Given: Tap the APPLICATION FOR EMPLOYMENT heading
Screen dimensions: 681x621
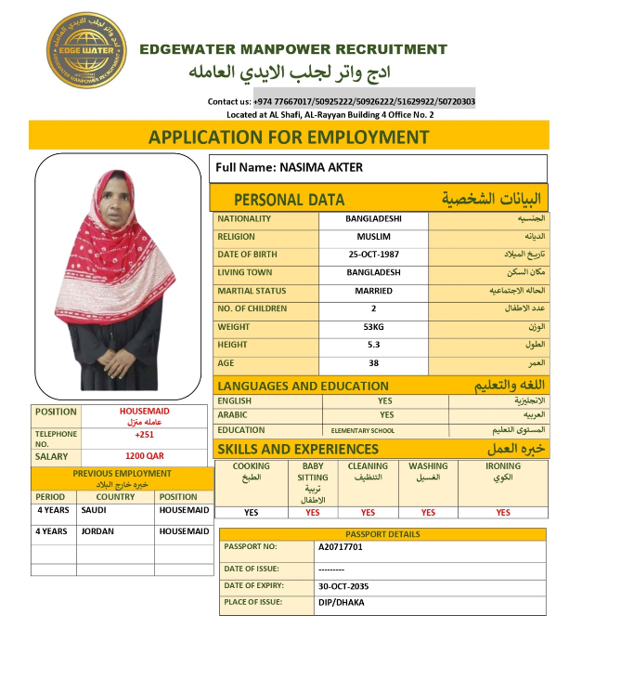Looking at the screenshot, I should (289, 138).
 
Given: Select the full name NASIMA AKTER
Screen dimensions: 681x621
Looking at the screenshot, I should (289, 167).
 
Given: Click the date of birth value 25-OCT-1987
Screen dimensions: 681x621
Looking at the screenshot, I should (373, 255).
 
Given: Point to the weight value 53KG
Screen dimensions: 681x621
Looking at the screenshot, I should (373, 327).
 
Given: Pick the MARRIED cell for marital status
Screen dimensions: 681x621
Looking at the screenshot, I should (373, 291).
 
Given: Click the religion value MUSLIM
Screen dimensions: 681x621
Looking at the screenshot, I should (373, 237).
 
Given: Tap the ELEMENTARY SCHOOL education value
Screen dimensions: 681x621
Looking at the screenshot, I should (363, 431).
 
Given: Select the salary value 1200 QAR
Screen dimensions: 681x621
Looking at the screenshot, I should (144, 457).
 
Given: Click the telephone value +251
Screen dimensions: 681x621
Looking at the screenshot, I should (144, 435).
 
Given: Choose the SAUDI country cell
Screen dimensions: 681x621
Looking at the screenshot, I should (94, 510).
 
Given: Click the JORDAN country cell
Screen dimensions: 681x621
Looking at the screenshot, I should (97, 531).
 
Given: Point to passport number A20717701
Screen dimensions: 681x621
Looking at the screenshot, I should (340, 547).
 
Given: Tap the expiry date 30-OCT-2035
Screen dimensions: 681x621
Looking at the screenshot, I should (348, 586).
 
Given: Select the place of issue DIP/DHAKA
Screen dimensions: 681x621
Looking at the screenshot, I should (341, 603).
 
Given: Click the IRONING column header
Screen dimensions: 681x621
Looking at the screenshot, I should (503, 466).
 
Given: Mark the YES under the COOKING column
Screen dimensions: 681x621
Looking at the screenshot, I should (251, 512).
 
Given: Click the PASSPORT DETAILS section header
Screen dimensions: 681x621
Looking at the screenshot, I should (382, 534).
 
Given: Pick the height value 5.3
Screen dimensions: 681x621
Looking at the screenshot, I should (373, 345).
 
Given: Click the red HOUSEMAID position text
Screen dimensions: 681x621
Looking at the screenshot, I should (144, 411).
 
